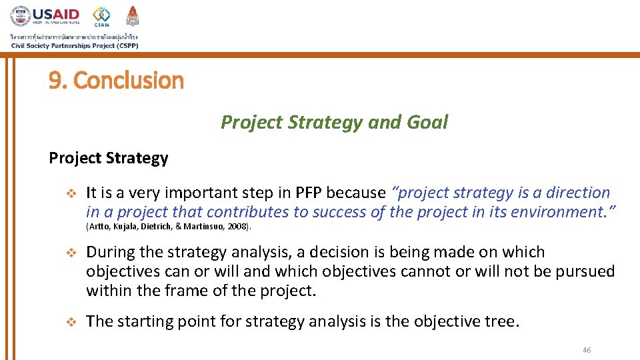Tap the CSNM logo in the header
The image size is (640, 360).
click(101, 16)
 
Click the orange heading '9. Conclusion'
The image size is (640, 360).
click(116, 81)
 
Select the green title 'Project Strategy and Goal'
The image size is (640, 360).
click(334, 123)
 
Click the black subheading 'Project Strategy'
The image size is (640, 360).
click(108, 159)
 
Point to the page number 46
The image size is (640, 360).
click(587, 350)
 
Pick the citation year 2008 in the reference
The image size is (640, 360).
click(238, 227)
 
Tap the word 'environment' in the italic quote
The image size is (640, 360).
click(566, 213)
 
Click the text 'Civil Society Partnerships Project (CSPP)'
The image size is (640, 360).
click(75, 46)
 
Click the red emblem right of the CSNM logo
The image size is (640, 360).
click(133, 16)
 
